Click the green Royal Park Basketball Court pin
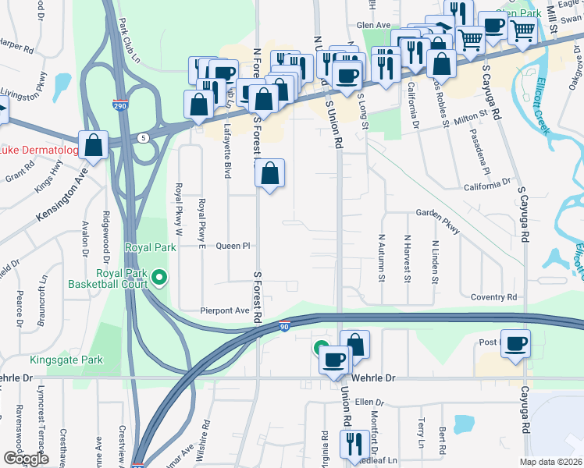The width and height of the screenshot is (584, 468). pyautogui.click(x=160, y=277)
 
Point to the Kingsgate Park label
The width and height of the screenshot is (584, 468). pyautogui.click(x=66, y=360)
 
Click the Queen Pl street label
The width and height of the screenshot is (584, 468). pyautogui.click(x=232, y=246)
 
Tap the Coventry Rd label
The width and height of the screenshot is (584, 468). pyautogui.click(x=494, y=297)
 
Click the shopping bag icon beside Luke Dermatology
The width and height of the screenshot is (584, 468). pyautogui.click(x=94, y=145)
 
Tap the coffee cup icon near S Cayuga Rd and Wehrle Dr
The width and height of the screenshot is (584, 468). pyautogui.click(x=515, y=343)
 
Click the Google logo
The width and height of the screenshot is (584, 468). pyautogui.click(x=26, y=459)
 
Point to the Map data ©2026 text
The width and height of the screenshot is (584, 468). pyautogui.click(x=550, y=462)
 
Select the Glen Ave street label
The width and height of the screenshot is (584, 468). pyautogui.click(x=373, y=25)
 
